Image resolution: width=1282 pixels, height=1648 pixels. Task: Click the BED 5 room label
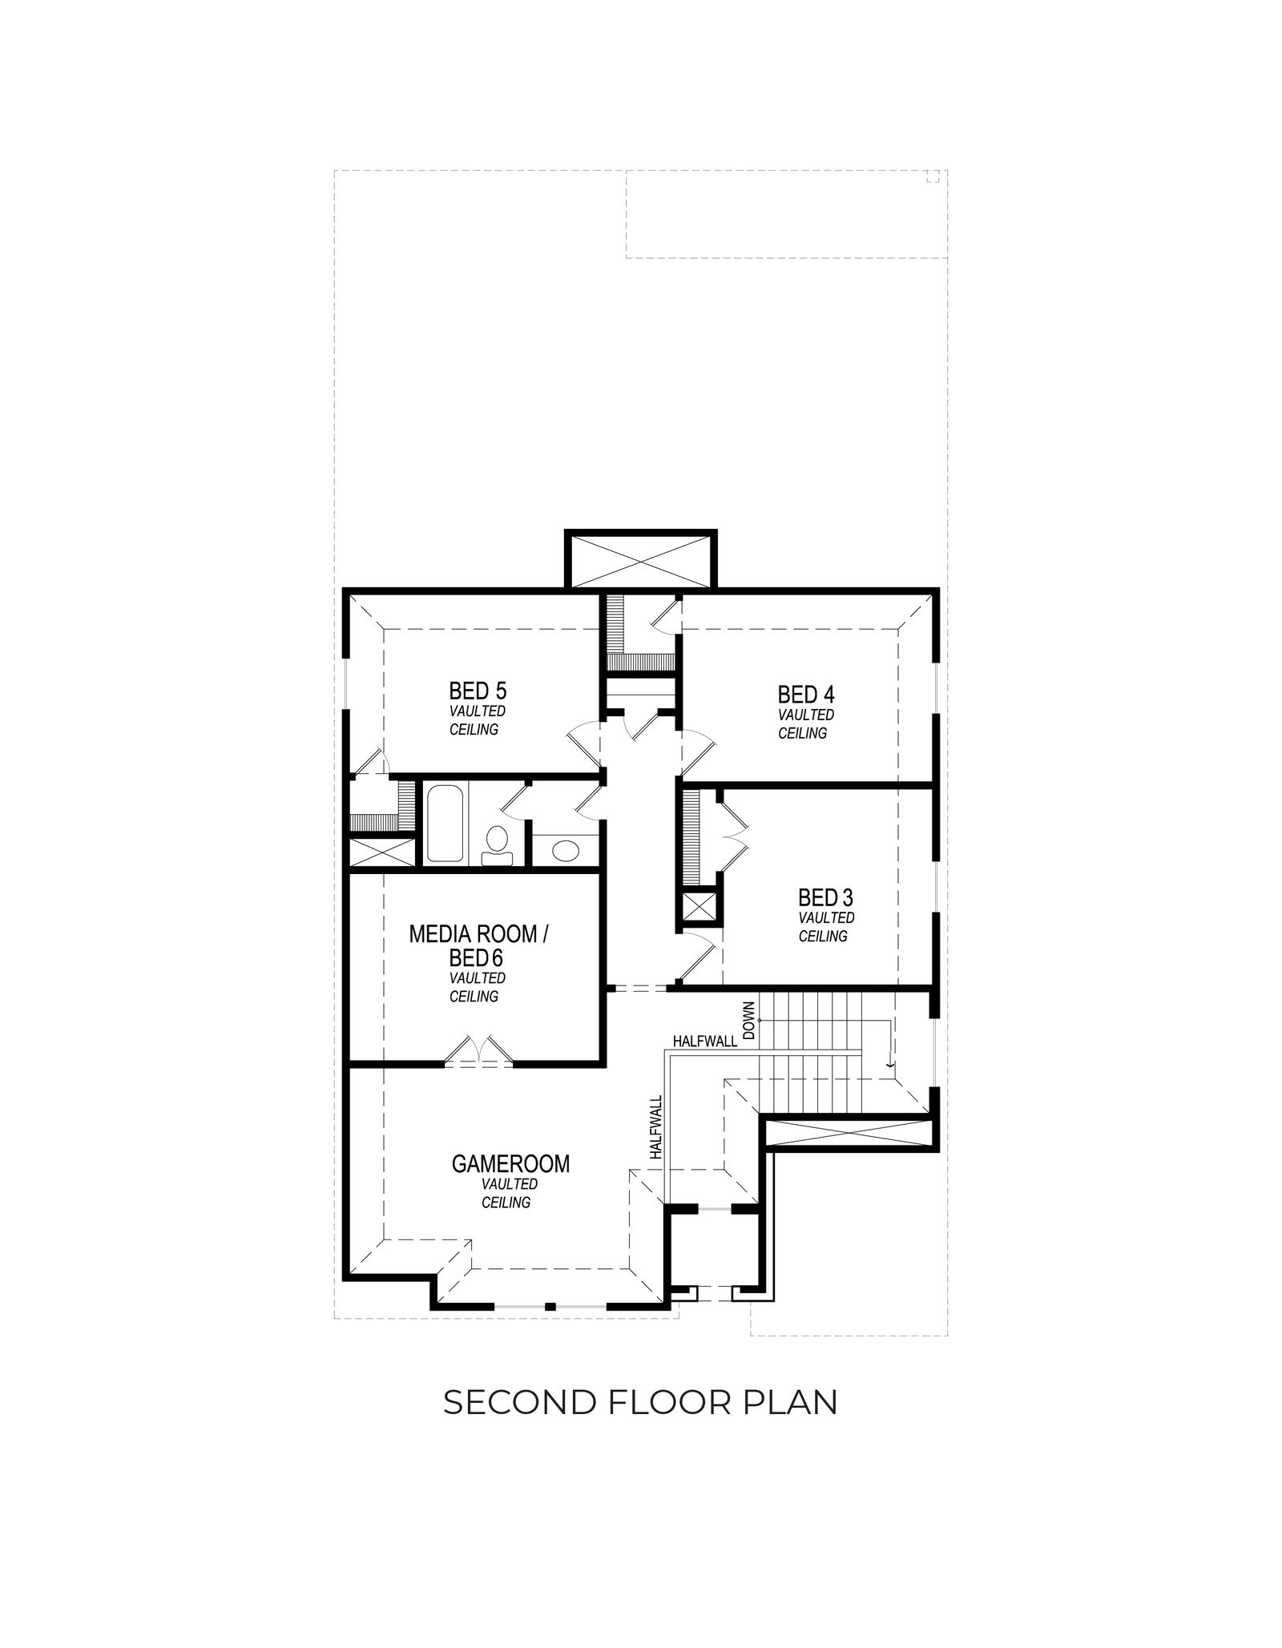tap(478, 691)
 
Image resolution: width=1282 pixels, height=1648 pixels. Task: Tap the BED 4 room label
tap(806, 694)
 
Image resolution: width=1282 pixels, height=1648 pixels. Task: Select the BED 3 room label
tap(826, 897)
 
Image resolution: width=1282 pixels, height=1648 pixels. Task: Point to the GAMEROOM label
tap(510, 1163)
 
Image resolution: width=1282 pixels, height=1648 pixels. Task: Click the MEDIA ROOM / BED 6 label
tap(478, 945)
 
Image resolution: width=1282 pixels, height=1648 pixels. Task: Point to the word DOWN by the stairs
tap(749, 1020)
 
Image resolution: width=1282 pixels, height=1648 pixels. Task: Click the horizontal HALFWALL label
tap(705, 1042)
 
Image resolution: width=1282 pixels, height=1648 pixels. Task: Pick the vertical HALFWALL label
tap(657, 1127)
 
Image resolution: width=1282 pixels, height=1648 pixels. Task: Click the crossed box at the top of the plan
tap(640, 559)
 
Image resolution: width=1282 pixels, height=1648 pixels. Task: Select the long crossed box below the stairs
tap(849, 1136)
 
